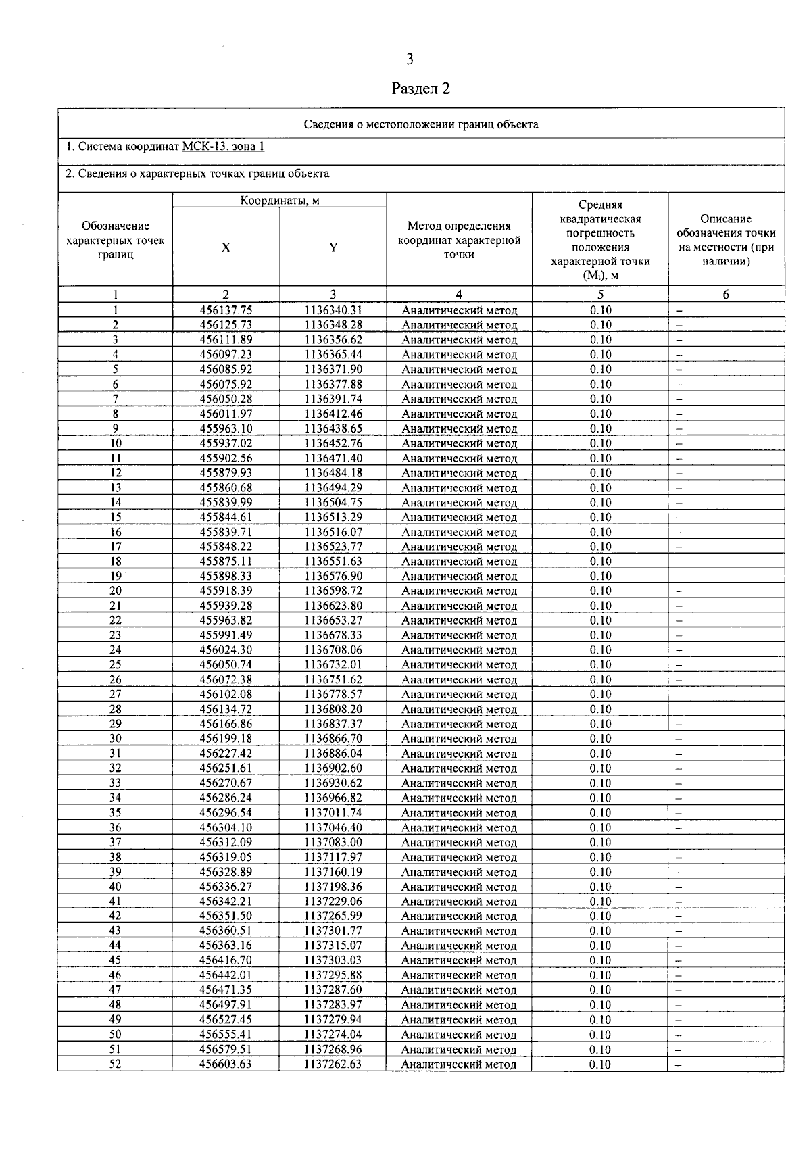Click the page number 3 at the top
pyautogui.click(x=410, y=59)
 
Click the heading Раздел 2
pyautogui.click(x=420, y=89)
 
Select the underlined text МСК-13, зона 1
pyautogui.click(x=223, y=147)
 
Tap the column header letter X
pyautogui.click(x=226, y=247)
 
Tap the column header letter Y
pyautogui.click(x=333, y=247)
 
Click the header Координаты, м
pyautogui.click(x=280, y=201)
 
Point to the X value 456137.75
pyautogui.click(x=226, y=310)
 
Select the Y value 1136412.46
pyautogui.click(x=333, y=414)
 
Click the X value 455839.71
pyautogui.click(x=226, y=532)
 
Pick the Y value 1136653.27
pyautogui.click(x=333, y=620)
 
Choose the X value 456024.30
pyautogui.click(x=226, y=650)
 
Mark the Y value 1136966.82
pyautogui.click(x=333, y=798)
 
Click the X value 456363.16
pyautogui.click(x=226, y=946)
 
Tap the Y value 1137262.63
pyautogui.click(x=333, y=1064)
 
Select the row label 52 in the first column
pyautogui.click(x=115, y=1064)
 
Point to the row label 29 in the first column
pyautogui.click(x=115, y=724)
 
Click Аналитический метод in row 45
pyautogui.click(x=459, y=960)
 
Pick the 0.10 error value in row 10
pyautogui.click(x=600, y=443)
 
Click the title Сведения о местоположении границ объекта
pyautogui.click(x=420, y=124)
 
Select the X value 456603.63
pyautogui.click(x=226, y=1064)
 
